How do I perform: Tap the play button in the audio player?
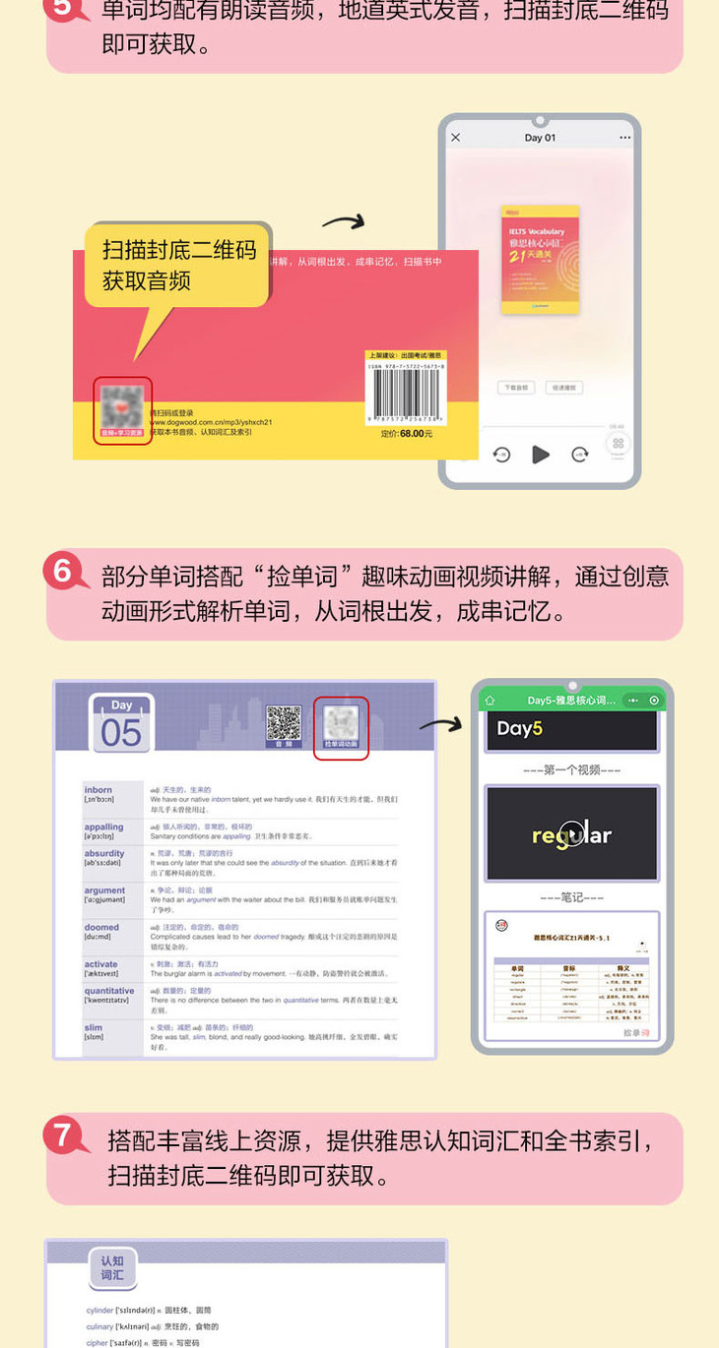(541, 454)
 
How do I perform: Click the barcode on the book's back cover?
(405, 395)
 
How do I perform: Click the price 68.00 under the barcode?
(411, 433)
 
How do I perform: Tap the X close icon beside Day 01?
(456, 138)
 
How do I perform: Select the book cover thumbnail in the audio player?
(540, 259)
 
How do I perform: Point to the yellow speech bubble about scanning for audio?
(178, 266)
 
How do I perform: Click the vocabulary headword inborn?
(98, 790)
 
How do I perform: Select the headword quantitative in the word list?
(109, 991)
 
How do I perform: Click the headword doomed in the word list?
(101, 927)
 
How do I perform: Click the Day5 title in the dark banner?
(520, 729)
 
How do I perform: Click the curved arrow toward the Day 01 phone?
(344, 221)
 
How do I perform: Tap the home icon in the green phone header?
(490, 701)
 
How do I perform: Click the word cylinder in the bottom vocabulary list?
(100, 1311)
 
